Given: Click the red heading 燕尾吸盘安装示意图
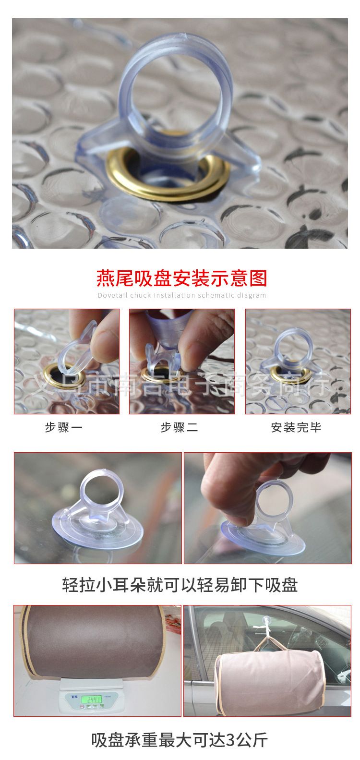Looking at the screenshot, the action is tap(182, 278).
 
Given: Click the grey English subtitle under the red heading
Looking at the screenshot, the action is tap(182, 295).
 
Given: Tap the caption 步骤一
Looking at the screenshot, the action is tap(64, 427).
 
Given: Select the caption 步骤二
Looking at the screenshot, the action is tap(179, 427).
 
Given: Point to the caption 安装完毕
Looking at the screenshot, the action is tap(296, 427).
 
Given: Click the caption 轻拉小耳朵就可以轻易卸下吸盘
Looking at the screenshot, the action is tap(180, 585).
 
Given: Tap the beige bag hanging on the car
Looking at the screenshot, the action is tap(270, 675).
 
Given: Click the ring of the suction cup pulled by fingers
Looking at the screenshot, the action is tap(274, 499).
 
